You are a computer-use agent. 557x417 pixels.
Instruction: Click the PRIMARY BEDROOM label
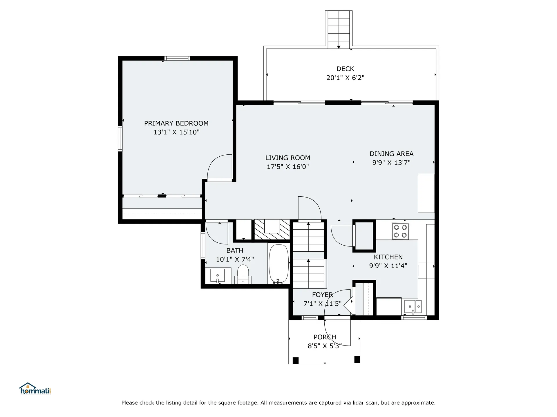click(x=176, y=123)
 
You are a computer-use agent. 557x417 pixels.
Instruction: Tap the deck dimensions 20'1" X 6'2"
click(x=345, y=78)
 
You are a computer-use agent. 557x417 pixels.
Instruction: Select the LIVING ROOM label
click(x=287, y=158)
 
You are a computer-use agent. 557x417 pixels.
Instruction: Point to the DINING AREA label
click(x=391, y=154)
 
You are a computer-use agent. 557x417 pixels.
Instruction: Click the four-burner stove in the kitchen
click(x=400, y=231)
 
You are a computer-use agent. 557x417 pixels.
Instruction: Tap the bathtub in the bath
click(x=279, y=264)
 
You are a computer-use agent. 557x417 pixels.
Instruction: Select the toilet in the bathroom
click(x=243, y=274)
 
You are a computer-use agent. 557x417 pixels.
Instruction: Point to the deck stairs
click(x=339, y=29)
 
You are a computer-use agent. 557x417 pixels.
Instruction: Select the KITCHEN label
click(x=388, y=257)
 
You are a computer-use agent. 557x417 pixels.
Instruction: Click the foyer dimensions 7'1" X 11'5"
click(x=322, y=303)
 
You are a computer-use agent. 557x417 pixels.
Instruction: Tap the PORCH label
click(x=325, y=337)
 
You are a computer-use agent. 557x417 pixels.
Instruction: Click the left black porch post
click(x=295, y=361)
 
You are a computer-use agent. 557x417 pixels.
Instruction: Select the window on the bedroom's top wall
click(x=177, y=58)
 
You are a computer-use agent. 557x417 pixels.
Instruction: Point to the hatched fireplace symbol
click(x=272, y=229)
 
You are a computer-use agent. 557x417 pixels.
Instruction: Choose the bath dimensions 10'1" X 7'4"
click(x=235, y=259)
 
